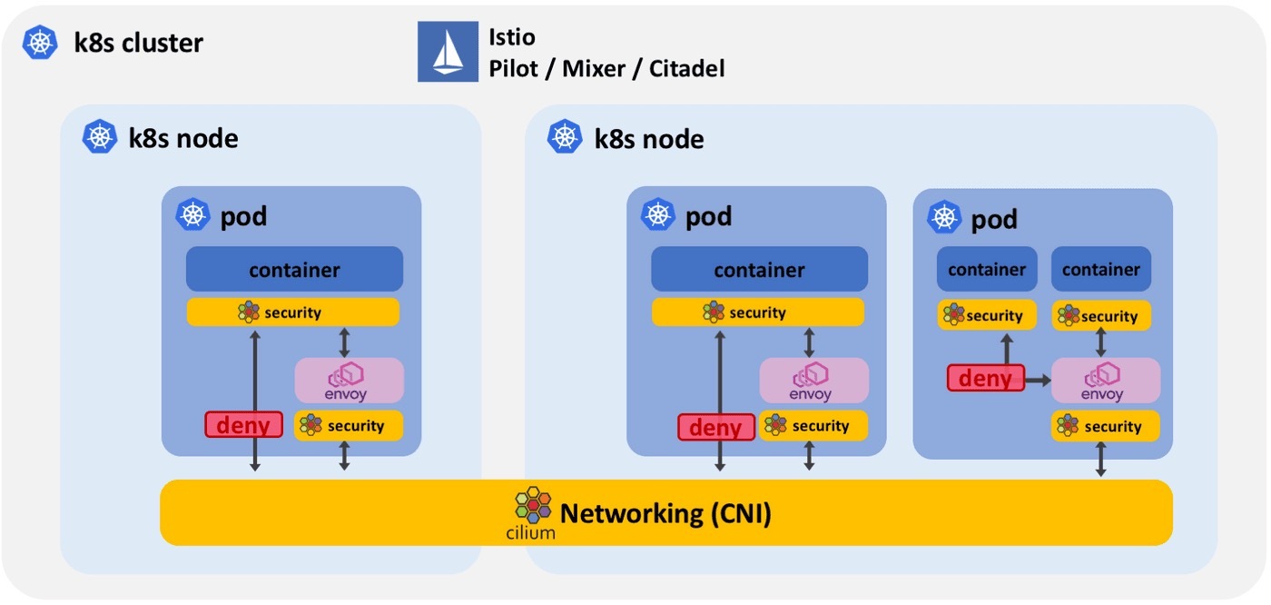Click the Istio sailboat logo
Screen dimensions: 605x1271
point(448,52)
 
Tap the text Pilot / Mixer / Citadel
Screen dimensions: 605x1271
point(606,68)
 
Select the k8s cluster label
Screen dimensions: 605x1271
point(138,42)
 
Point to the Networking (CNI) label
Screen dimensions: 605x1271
point(665,513)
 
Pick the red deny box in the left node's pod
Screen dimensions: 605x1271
point(242,424)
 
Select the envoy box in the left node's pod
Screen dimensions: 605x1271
point(349,381)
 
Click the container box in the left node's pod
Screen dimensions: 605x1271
point(294,269)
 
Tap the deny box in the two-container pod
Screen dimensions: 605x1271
point(985,377)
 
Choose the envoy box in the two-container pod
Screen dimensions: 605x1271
point(1106,381)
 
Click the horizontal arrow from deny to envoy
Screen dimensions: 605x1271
point(1038,380)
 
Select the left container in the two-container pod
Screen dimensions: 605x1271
point(987,269)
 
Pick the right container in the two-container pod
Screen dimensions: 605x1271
point(1101,269)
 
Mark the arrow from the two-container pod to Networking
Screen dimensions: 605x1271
point(1101,460)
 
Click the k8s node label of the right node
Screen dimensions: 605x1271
point(648,138)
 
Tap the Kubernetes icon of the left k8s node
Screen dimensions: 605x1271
point(99,137)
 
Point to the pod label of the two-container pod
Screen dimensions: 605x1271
point(994,219)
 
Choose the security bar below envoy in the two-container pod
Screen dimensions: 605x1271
point(1105,426)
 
